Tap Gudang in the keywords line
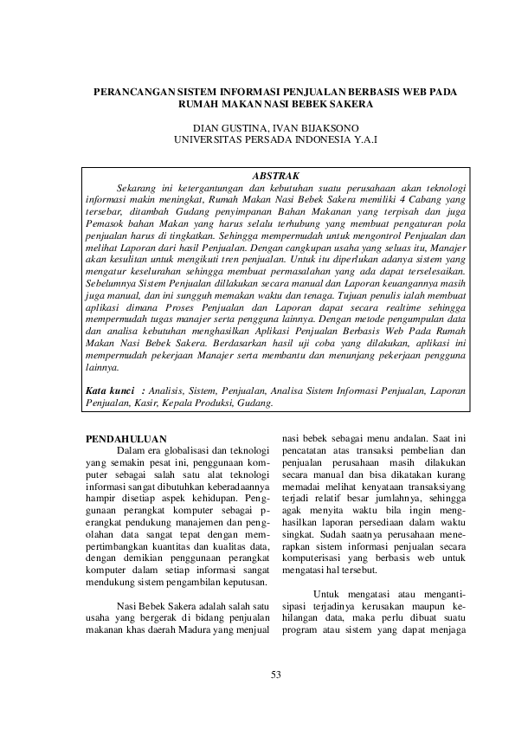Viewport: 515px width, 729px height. pyautogui.click(x=254, y=403)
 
